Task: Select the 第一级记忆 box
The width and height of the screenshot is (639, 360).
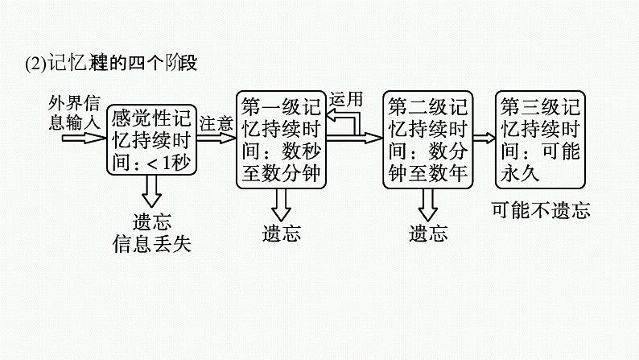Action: tap(282, 139)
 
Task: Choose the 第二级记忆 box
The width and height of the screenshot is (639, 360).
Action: tap(427, 139)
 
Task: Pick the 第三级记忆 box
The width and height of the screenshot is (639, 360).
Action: tap(539, 139)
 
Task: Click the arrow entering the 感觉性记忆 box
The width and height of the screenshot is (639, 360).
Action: tap(85, 137)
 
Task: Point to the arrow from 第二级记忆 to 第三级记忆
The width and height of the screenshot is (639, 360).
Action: tap(484, 138)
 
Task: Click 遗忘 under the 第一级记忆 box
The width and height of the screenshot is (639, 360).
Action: tap(281, 234)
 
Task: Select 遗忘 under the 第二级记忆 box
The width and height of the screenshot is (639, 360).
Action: tap(427, 234)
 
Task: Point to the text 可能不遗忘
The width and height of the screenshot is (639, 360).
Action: tap(540, 211)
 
